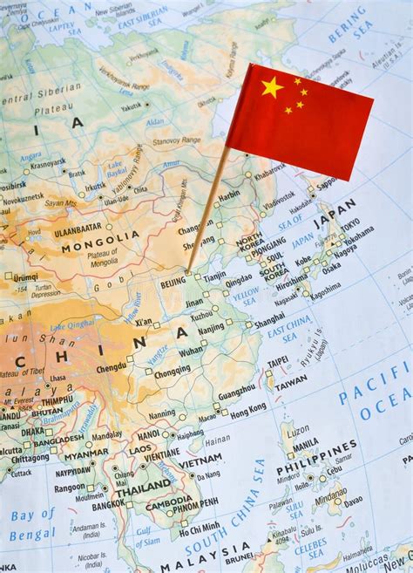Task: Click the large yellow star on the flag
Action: [x=272, y=86]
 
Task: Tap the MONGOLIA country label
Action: [x=100, y=235]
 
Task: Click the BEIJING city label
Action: [x=173, y=283]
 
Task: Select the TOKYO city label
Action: [x=349, y=224]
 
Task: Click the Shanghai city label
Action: [x=269, y=319]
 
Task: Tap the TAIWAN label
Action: [x=290, y=381]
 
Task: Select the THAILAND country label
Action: [x=143, y=485]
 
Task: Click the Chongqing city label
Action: [x=172, y=370]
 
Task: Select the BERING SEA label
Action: [x=349, y=27]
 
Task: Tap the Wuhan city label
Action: [x=191, y=351]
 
